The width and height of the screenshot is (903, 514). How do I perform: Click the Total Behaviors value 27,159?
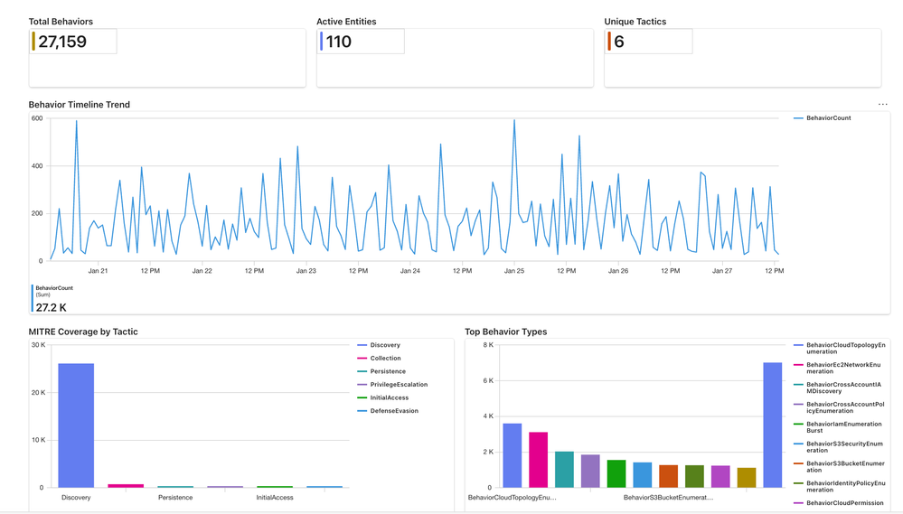click(62, 42)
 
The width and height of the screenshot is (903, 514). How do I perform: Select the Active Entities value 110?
click(339, 42)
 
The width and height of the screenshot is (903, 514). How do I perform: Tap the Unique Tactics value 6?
click(619, 42)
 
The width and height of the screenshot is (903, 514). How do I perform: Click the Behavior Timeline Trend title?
click(80, 105)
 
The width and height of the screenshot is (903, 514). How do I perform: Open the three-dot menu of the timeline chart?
click(882, 105)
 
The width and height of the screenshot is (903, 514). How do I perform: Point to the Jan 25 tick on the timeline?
click(514, 270)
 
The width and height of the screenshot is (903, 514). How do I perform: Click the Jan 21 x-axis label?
click(98, 270)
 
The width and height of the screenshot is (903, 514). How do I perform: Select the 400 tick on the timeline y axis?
click(36, 166)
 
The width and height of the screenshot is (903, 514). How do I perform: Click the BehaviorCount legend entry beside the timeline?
click(828, 118)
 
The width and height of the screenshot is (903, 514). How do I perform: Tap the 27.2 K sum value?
click(51, 307)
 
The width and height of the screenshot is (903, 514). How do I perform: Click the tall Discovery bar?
click(76, 425)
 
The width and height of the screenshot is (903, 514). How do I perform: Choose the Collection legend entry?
click(385, 359)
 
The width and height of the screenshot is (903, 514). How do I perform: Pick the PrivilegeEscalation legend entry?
click(399, 385)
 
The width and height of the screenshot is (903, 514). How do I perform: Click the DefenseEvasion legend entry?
click(394, 411)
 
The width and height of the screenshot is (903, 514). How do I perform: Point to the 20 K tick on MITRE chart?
click(37, 393)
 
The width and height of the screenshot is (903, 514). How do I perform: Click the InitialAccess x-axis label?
click(275, 497)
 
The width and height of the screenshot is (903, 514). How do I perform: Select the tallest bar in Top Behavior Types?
click(772, 425)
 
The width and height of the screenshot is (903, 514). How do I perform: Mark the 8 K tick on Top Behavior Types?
click(486, 345)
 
